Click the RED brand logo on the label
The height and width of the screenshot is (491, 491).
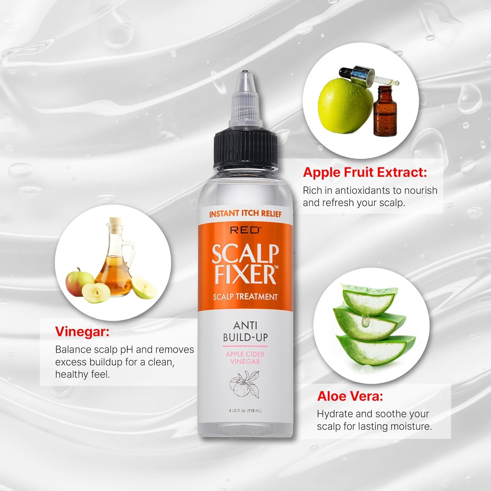[x=245, y=230]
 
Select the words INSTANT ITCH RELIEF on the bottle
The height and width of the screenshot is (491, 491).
[x=245, y=214]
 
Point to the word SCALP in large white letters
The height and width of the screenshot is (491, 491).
[x=245, y=254]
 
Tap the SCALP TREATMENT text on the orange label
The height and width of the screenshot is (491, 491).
[x=245, y=297]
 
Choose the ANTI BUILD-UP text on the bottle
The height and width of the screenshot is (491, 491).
[x=245, y=331]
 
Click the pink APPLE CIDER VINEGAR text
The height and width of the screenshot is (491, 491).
[x=245, y=358]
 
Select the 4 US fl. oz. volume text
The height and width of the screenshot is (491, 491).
[x=245, y=411]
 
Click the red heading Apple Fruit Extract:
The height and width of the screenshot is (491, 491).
[x=365, y=172]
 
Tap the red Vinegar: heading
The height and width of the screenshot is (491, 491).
[x=82, y=332]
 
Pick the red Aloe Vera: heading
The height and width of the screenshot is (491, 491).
[x=350, y=396]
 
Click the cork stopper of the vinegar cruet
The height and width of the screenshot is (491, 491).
[x=116, y=222]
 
